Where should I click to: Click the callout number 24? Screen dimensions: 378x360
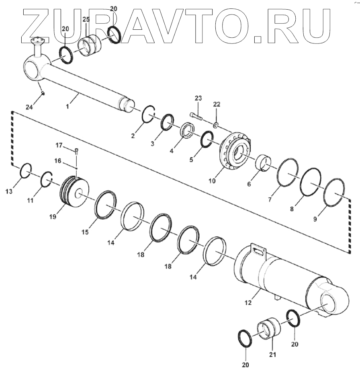pos(29,107)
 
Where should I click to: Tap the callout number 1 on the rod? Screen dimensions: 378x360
pos(67,107)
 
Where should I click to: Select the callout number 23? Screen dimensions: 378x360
pos(198,99)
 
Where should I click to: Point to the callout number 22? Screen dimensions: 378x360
pos(217,105)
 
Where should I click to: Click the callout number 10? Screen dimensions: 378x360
pos(212,181)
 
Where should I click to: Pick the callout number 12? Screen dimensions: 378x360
pos(247,302)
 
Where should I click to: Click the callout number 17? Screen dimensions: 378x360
pos(59,145)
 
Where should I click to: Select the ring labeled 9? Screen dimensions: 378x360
pos(334,193)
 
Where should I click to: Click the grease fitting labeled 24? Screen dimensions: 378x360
pos(43,94)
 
